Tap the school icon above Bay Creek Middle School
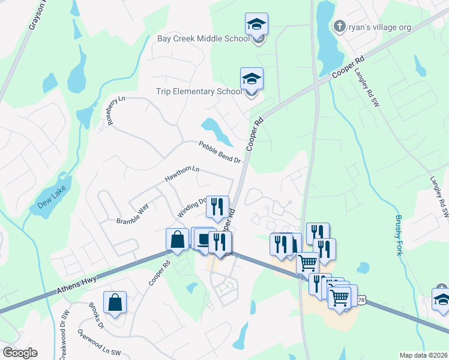click(x=256, y=25)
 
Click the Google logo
click(x=20, y=353)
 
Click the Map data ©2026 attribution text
click(x=423, y=355)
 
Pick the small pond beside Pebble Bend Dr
click(x=212, y=127)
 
